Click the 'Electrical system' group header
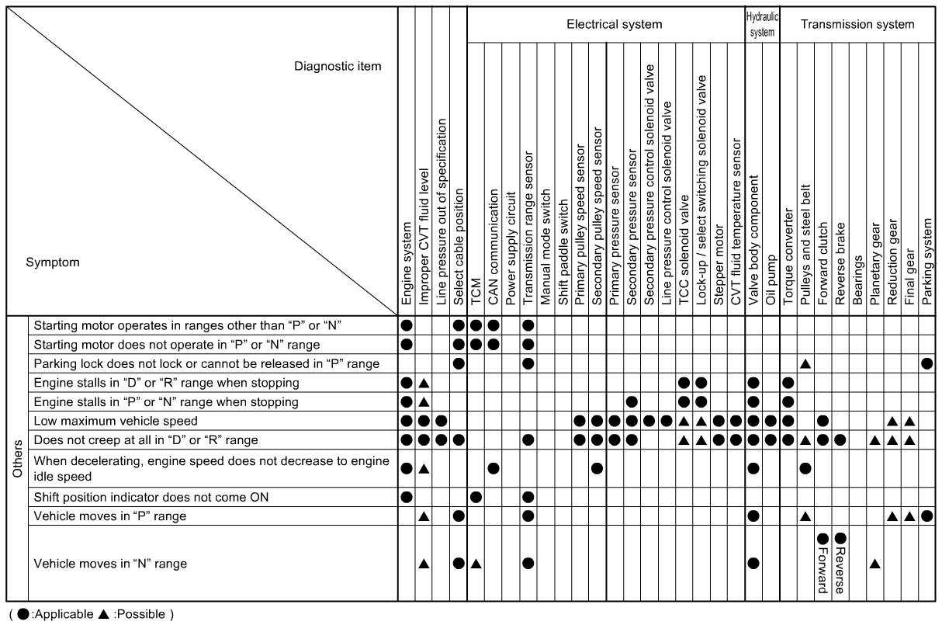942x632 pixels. pyautogui.click(x=614, y=24)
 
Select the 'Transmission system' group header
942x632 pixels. pyautogui.click(x=857, y=24)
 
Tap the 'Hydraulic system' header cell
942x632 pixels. pyautogui.click(x=762, y=24)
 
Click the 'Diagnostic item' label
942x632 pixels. pyautogui.click(x=338, y=66)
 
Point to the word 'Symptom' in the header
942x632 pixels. pyautogui.click(x=53, y=262)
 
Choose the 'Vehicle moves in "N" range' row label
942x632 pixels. pyautogui.click(x=110, y=564)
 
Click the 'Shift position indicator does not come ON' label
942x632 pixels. pyautogui.click(x=151, y=497)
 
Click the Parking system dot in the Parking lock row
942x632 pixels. pyautogui.click(x=927, y=363)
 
